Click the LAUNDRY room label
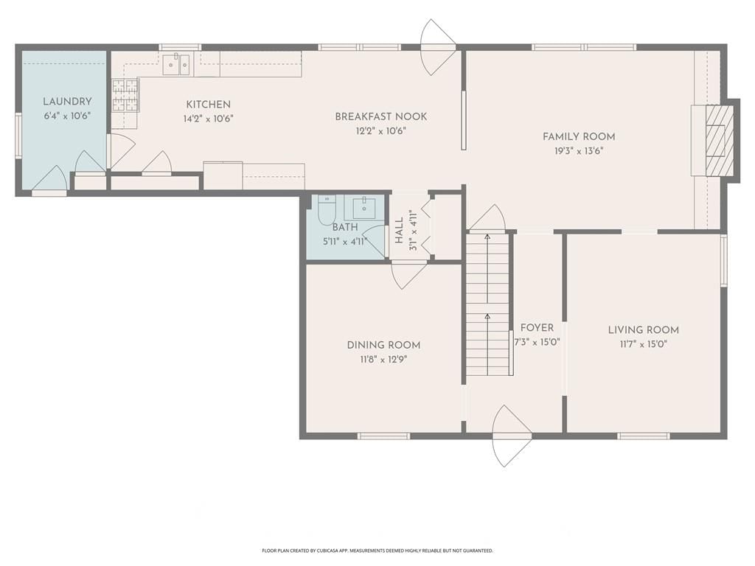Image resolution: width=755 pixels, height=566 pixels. [67, 102]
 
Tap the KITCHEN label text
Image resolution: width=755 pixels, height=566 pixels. [209, 105]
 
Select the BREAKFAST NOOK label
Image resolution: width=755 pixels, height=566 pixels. [381, 116]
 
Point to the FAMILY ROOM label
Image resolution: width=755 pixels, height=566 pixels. [579, 136]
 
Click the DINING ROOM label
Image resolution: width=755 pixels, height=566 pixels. [383, 345]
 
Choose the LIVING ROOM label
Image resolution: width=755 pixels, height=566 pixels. [643, 330]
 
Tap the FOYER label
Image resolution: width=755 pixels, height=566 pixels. [537, 328]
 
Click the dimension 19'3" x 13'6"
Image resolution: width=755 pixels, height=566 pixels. [579, 151]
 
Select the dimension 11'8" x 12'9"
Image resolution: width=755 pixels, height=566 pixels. [383, 359]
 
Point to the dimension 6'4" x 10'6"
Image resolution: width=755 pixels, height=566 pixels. [67, 116]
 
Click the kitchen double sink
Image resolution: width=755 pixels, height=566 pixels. [176, 65]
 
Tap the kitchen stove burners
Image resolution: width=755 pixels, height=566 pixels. [125, 95]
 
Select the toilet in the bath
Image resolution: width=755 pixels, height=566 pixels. [327, 210]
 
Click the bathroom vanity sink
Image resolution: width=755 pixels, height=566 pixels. [363, 207]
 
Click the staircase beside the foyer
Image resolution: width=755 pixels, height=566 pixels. [487, 304]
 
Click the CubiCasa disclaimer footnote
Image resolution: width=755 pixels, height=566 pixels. [377, 550]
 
